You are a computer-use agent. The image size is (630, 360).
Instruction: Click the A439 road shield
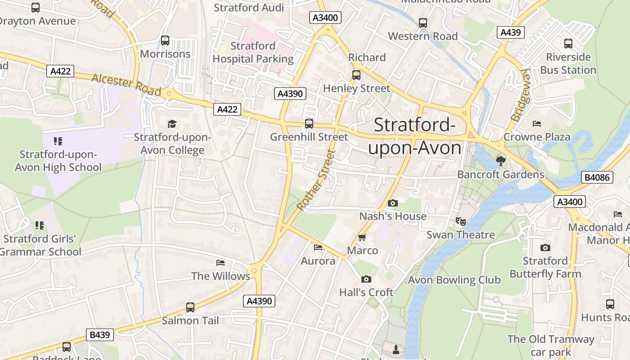pos(511,32)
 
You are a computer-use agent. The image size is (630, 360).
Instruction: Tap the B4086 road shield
pos(598,177)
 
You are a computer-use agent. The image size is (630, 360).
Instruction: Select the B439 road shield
pos(100,335)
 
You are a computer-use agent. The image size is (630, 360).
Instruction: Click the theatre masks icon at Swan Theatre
pos(460,221)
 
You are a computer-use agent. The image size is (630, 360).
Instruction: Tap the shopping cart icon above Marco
pos(362,237)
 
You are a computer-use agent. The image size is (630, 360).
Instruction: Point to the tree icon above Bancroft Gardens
pos(500,161)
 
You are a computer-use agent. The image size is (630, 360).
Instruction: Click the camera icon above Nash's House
pos(393,203)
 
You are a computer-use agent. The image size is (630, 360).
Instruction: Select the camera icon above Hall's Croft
pos(366,279)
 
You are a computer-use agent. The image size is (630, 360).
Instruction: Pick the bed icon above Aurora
pos(318,247)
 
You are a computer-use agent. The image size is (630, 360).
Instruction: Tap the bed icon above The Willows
pos(220,262)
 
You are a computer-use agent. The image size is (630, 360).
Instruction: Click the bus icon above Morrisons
pos(165,40)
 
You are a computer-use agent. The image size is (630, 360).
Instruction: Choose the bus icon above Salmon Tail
pos(190,307)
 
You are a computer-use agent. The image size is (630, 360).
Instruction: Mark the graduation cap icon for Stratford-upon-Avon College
pos(172,124)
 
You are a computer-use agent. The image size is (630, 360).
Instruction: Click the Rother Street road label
pos(317,180)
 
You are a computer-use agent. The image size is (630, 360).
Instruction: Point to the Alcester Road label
pos(126,84)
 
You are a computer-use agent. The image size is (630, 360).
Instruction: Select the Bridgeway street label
pos(521,95)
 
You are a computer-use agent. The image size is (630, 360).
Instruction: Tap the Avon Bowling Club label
pos(454,280)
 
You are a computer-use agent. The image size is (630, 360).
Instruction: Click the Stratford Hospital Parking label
pos(253,52)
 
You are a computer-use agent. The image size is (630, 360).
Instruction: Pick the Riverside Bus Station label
pos(568,63)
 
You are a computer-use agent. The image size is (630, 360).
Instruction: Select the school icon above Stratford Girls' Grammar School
pos(40,225)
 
